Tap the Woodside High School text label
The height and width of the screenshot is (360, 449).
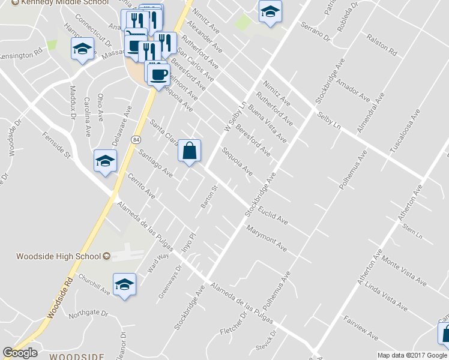[58, 256]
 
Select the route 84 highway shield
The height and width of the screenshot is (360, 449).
[137, 139]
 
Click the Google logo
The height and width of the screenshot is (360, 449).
[20, 353]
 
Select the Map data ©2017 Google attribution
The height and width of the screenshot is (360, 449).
[412, 355]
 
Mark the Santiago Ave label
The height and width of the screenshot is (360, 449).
[155, 163]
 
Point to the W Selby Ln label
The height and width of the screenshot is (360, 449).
[235, 116]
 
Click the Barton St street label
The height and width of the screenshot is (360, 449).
[208, 197]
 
